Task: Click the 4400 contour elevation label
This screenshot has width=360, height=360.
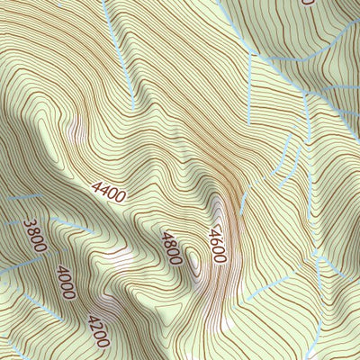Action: pos(108,190)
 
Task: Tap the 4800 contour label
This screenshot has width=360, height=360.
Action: pos(171,247)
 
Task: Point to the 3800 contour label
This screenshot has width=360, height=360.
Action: pos(34,238)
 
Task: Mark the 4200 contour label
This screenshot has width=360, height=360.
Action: pos(98,330)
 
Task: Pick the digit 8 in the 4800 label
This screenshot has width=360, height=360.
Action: pos(168,242)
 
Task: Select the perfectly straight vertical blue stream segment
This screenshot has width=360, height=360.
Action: pos(247,90)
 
